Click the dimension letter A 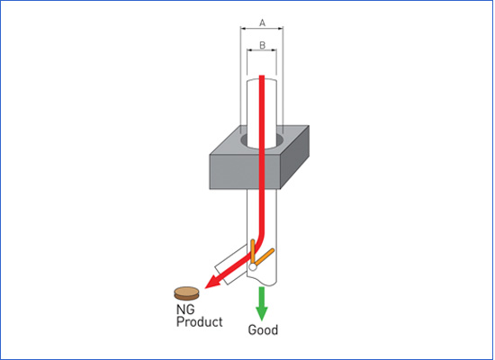[x=262, y=22]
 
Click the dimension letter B [x=262, y=46]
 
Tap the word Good [x=263, y=330]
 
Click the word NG [x=185, y=310]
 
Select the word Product [x=199, y=322]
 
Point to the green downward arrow [x=261, y=303]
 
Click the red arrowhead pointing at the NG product [x=213, y=282]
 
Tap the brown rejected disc [x=186, y=293]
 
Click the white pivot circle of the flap [x=253, y=266]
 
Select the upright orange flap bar [x=253, y=251]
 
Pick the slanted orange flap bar [x=265, y=256]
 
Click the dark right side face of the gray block [x=294, y=157]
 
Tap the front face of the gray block [x=245, y=172]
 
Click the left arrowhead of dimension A [x=243, y=29]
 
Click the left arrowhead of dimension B [x=249, y=50]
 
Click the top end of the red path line [x=262, y=76]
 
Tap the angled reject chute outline [x=229, y=264]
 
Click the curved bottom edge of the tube [x=261, y=281]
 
